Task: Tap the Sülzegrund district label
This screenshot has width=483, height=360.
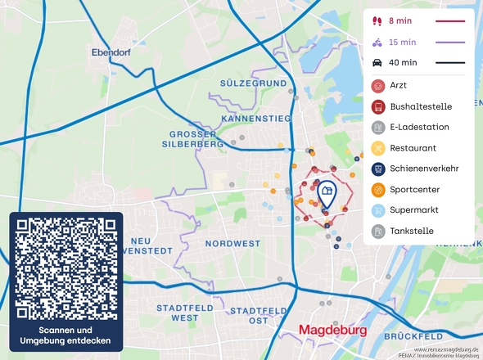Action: tap(253, 83)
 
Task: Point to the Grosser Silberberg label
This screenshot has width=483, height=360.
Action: tap(196, 139)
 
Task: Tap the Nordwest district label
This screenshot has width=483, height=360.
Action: tap(233, 244)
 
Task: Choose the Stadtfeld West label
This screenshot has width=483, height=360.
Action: tap(173, 312)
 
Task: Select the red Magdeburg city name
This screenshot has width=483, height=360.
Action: tap(333, 331)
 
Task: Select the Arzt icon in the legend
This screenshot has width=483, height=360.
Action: tap(378, 85)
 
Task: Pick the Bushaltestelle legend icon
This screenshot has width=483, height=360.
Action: tap(378, 106)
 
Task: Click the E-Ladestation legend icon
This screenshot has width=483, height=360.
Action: tap(378, 127)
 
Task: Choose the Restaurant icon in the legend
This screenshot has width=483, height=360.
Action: tap(378, 148)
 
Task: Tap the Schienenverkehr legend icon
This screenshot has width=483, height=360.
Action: tap(378, 169)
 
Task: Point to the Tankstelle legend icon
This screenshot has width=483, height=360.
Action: tap(378, 231)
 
